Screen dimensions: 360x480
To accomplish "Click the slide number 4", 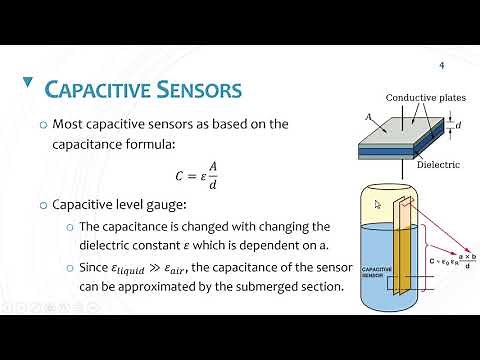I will click(441, 66).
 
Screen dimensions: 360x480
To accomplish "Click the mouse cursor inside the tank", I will click(378, 205).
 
